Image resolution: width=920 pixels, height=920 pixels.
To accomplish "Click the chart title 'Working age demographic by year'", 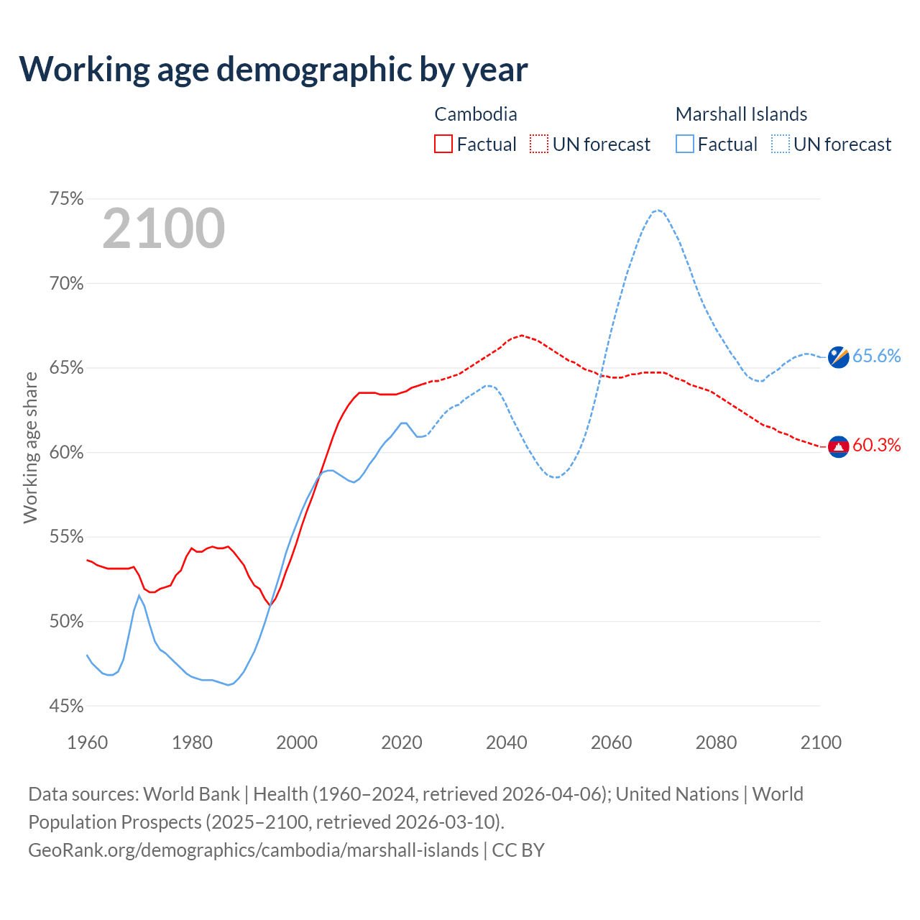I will coord(273,69).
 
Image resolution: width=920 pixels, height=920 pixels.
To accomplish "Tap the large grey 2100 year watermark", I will coord(164,229).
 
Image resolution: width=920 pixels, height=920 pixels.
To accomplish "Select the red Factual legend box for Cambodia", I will coord(443,144).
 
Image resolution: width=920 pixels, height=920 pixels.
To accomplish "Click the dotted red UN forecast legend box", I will coord(539,144).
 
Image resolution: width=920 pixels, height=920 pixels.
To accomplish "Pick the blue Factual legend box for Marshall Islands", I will coord(685,144).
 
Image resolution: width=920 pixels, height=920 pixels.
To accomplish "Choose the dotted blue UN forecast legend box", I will coord(781,144).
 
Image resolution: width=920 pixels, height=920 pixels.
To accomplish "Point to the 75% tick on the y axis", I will coord(66,199).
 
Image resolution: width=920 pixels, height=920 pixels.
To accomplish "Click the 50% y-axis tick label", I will coord(66,622).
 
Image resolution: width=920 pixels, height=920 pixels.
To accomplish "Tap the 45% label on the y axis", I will coord(66,707).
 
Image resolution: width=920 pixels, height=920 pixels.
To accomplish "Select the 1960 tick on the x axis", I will coord(88,742).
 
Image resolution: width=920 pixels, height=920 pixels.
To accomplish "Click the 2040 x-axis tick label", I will coord(507,742).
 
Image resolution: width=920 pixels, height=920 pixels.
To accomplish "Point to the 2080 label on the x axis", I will coord(716,742).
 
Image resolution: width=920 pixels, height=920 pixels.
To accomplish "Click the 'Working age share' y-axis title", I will coord(30,448).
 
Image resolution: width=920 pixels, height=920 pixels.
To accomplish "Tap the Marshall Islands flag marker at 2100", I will coord(839,356).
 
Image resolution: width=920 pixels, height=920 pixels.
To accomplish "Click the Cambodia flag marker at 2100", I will coord(839,446).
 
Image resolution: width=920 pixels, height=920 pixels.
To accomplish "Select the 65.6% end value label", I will coord(877,356).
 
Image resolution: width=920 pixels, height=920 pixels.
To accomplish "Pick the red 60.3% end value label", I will coord(877,446).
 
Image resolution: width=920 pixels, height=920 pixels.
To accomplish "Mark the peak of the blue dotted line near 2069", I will coord(658,210).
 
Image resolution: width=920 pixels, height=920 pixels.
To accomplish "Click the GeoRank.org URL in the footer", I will coord(253,850).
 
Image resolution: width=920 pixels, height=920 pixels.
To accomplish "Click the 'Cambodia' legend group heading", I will coord(476,114).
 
